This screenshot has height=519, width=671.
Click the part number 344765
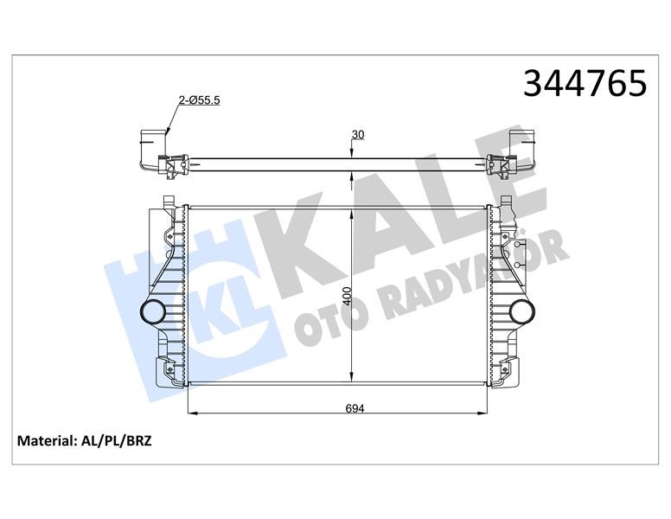click(585, 83)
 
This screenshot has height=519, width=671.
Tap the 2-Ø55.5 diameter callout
click(199, 100)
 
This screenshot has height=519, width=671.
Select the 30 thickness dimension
click(358, 134)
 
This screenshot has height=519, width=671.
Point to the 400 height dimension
click(347, 296)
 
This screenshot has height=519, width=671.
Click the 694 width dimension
click(355, 408)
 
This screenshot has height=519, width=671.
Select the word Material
click(46, 441)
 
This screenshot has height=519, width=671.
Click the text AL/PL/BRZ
click(116, 441)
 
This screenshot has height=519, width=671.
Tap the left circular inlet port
click(152, 311)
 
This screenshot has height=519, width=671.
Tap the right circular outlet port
click(522, 311)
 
